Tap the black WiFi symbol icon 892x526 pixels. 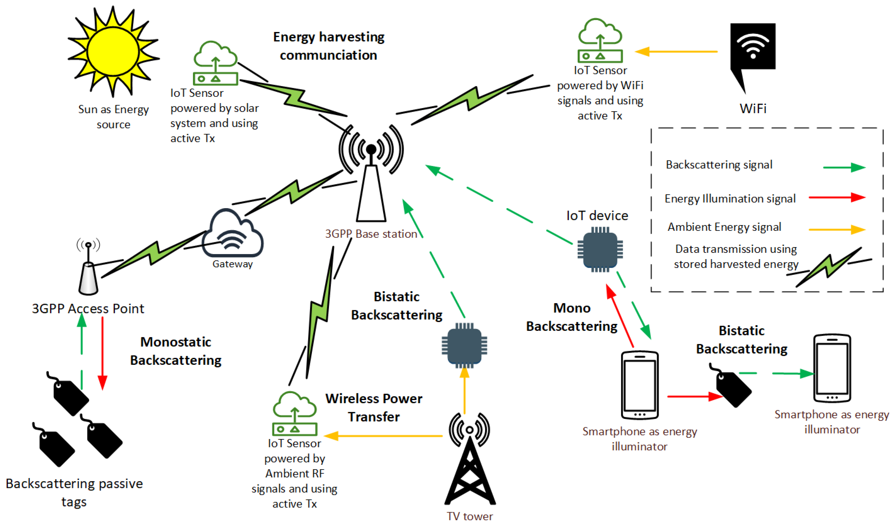click(753, 48)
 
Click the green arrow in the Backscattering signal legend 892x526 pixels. click(844, 167)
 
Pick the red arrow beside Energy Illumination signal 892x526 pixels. click(837, 197)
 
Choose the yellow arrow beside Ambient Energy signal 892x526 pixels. click(837, 229)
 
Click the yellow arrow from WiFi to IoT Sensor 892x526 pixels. click(675, 52)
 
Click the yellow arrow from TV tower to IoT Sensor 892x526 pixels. click(383, 436)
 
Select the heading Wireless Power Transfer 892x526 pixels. click(374, 407)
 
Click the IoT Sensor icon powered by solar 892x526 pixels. click(215, 64)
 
